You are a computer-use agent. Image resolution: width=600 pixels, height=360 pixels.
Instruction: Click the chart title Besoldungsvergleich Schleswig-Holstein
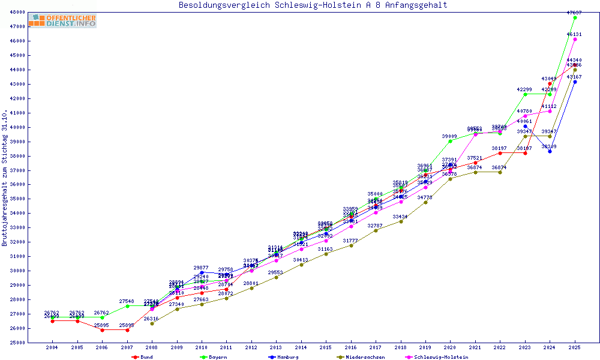tap(313, 5)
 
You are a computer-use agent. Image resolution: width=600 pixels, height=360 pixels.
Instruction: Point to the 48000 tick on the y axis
tap(34, 12)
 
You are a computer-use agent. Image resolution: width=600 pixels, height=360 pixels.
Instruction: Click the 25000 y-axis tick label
tap(34, 343)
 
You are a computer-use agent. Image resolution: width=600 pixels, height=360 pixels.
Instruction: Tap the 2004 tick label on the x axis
tap(52, 347)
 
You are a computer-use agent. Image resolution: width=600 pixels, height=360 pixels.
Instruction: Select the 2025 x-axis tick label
tap(575, 347)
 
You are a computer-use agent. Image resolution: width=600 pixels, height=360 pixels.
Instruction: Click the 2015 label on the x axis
tap(326, 347)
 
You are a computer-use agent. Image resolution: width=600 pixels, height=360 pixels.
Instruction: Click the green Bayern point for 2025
tap(575, 17)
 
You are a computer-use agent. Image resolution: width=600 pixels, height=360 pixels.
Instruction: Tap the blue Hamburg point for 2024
tap(550, 151)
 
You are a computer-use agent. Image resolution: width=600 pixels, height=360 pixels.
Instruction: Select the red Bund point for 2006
tap(102, 330)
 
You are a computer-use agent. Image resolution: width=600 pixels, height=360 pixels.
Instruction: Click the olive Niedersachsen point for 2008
tap(152, 324)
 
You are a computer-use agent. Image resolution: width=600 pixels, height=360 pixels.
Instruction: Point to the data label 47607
tap(575, 12)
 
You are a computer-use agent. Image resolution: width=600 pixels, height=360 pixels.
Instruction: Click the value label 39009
tap(450, 137)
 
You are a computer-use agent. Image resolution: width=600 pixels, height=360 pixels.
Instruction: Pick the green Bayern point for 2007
tap(127, 306)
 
